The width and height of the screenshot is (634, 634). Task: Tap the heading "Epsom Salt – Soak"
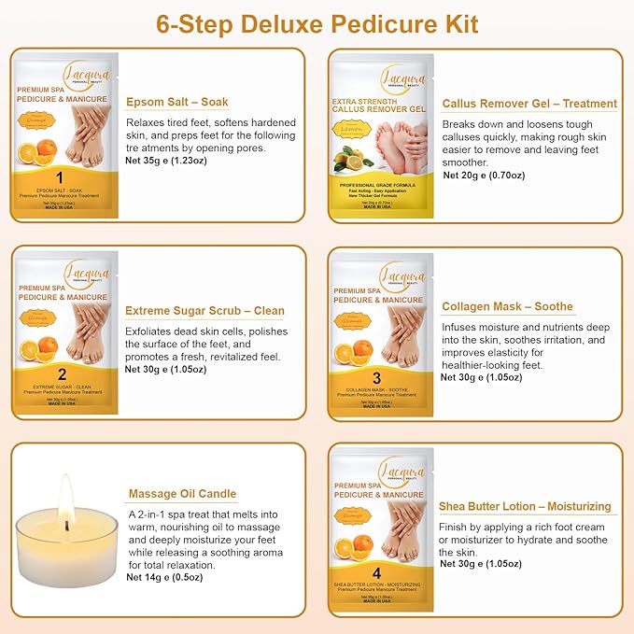point(176,100)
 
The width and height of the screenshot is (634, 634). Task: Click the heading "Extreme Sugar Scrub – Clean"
point(204,310)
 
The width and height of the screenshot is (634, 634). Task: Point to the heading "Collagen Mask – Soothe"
point(507,306)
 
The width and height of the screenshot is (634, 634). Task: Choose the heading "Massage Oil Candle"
point(181,493)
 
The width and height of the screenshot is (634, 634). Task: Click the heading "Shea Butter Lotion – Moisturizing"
point(525,506)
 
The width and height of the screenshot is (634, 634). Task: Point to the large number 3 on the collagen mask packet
point(376,377)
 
